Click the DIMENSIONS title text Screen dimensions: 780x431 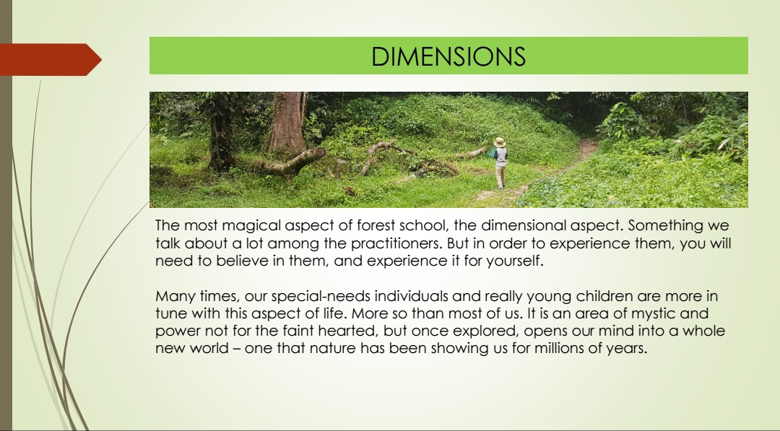click(448, 56)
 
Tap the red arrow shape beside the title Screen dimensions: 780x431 click(50, 60)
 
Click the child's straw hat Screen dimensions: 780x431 click(500, 142)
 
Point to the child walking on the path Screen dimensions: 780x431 click(500, 164)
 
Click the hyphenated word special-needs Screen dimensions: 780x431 click(321, 296)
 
